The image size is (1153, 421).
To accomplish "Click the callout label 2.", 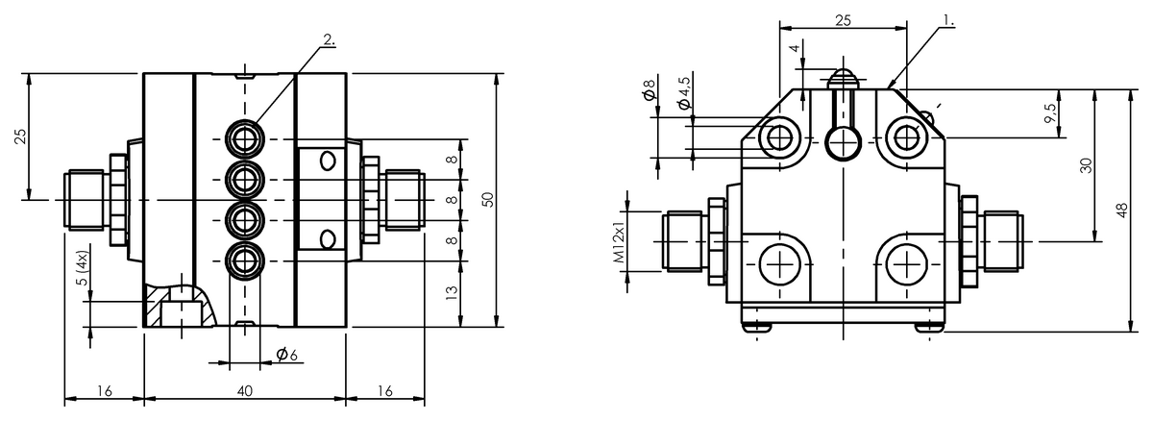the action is coord(330,39).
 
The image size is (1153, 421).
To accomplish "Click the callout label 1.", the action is coord(948,20).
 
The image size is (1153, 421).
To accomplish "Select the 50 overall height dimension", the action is coord(488,199).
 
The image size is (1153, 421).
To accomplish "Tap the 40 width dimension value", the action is coord(245,391).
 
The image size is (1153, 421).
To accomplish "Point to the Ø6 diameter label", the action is coord(286,354).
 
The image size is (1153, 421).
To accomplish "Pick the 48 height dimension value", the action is coord(1122,210).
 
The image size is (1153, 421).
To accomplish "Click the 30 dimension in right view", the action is coord(1086,165).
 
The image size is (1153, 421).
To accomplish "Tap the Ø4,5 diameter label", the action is coord(684,93).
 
